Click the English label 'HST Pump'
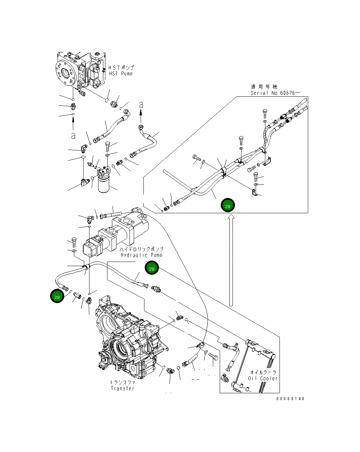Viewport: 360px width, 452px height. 121,73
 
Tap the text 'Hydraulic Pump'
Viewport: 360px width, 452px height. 142,255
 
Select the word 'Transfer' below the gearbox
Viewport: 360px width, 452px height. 122,388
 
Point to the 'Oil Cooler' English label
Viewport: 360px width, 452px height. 263,378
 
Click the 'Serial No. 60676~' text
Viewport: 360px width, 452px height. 275,93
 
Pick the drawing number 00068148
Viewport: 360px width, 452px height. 290,398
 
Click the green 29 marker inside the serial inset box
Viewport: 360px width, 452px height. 228,206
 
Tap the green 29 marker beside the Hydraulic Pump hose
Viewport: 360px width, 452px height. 151,267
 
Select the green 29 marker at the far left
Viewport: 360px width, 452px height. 57,296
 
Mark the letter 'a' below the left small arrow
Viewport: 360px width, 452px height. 73,136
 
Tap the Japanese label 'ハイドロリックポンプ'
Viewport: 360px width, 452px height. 142,249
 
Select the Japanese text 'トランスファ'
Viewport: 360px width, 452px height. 122,383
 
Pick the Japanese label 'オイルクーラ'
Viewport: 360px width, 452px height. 263,372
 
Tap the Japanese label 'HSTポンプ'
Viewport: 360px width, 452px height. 121,67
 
